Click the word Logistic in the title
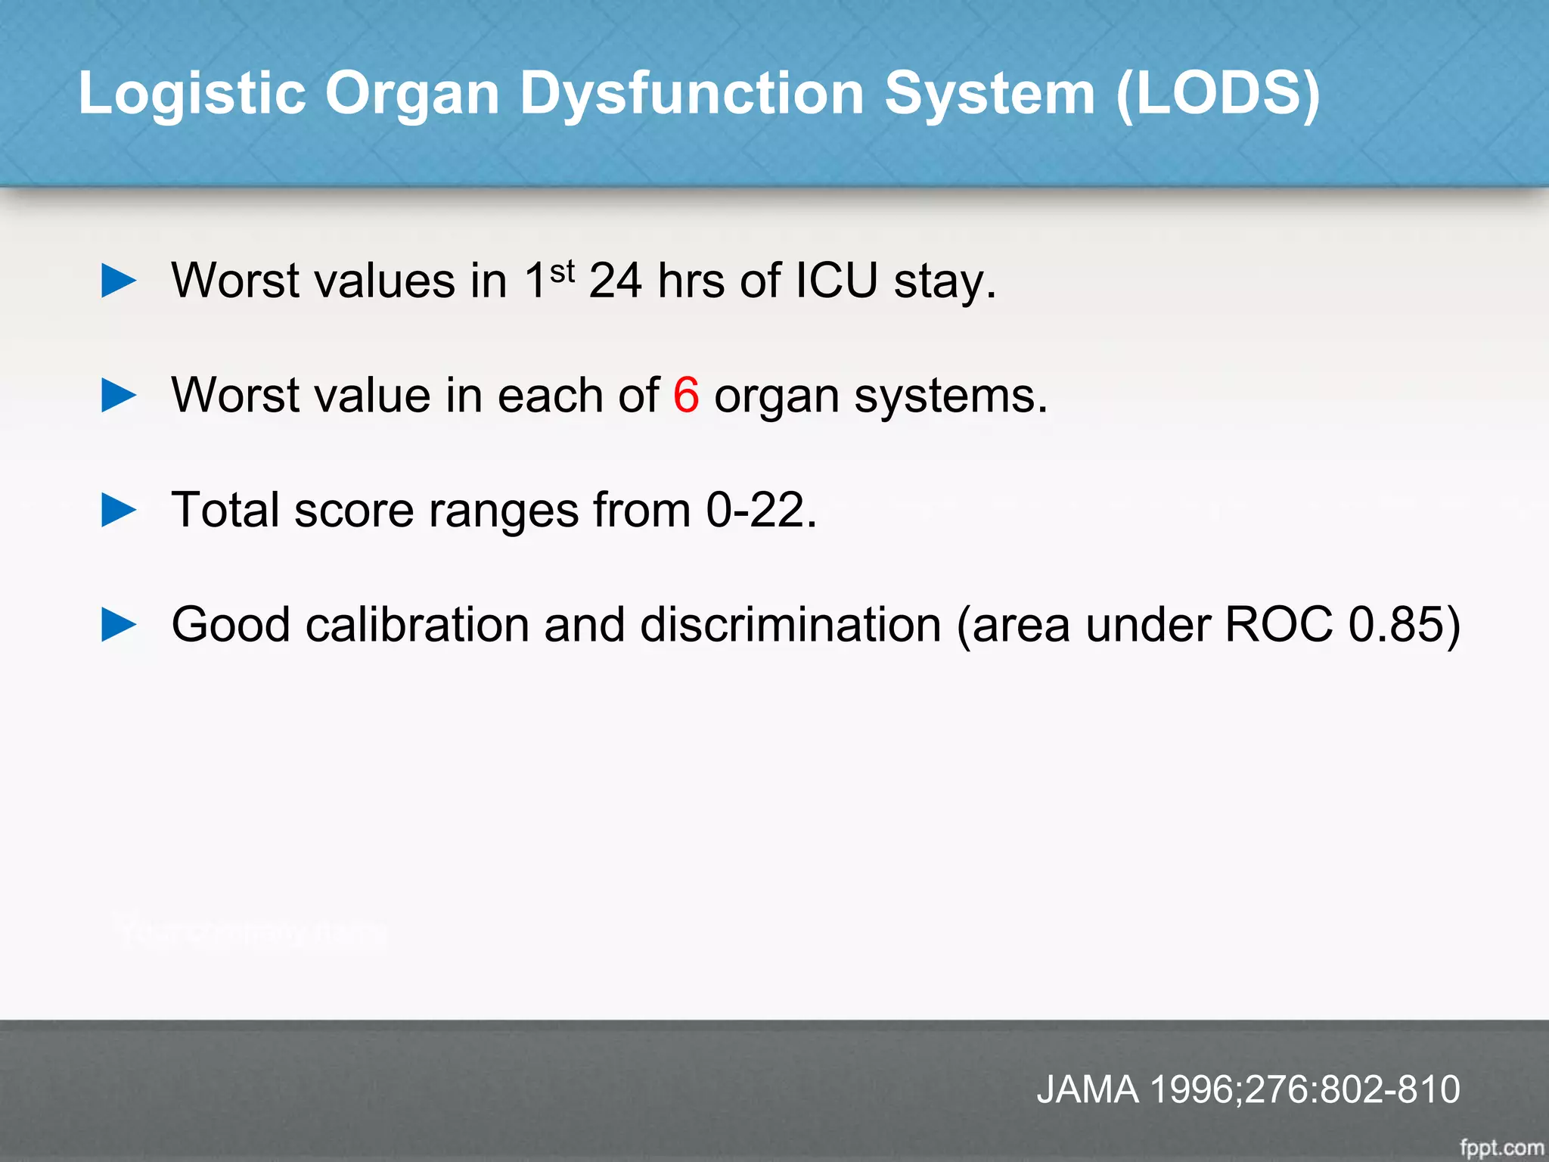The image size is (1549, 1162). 192,95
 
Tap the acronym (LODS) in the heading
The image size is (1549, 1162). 1218,95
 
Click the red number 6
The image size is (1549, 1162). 686,395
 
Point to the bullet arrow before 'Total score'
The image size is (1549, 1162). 119,510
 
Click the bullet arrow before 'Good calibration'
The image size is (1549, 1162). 119,625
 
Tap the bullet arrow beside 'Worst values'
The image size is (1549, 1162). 119,281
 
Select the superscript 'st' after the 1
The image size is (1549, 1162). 563,271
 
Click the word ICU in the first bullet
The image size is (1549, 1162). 837,281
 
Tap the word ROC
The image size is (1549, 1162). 1278,625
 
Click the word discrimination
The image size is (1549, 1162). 790,625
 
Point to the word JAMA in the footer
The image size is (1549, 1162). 1088,1089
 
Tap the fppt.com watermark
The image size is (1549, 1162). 1501,1148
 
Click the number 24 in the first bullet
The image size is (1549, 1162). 615,281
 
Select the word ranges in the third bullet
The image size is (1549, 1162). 503,511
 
